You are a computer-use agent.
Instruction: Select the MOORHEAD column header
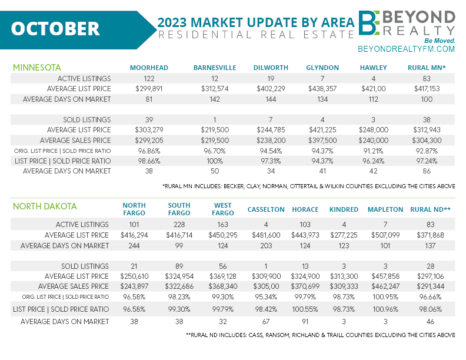point(149,68)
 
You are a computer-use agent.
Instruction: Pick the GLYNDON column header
point(321,68)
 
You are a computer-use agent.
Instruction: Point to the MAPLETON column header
point(385,209)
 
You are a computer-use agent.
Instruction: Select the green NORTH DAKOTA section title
point(45,206)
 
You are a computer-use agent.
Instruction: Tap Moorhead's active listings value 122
point(149,78)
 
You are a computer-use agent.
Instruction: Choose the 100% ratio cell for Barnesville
point(214,161)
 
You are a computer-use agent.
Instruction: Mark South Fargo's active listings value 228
point(179,224)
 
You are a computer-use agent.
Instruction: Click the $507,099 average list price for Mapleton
point(385,235)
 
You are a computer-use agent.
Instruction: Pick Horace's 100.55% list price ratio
point(305,309)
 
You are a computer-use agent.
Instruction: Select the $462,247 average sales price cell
point(385,286)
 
